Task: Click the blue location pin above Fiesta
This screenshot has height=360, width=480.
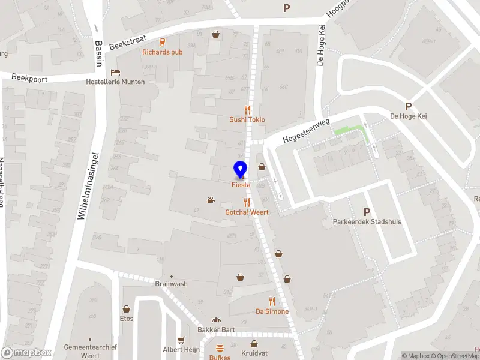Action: pos(241,170)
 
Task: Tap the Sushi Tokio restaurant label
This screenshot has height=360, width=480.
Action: pos(247,120)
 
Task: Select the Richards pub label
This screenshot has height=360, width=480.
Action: pos(162,52)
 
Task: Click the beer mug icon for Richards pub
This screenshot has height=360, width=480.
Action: pos(162,42)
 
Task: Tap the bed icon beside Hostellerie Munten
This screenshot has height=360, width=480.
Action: pos(116,72)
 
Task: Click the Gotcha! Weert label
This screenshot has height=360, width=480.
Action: pos(247,212)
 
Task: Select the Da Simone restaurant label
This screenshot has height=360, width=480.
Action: pos(272,311)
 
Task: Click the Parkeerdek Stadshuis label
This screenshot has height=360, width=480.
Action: pos(367,222)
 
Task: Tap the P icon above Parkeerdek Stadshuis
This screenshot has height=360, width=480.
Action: pos(367,211)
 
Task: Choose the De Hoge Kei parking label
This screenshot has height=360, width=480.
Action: pos(407,116)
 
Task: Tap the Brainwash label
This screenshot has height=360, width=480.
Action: pos(172,284)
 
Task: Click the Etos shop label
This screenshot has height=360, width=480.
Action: pos(126,318)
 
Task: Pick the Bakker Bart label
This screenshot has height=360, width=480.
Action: pos(216,329)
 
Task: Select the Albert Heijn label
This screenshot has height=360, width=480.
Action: pos(181,349)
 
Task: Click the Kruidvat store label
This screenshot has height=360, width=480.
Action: pos(254,354)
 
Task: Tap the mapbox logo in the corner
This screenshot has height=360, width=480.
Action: pos(26,353)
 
